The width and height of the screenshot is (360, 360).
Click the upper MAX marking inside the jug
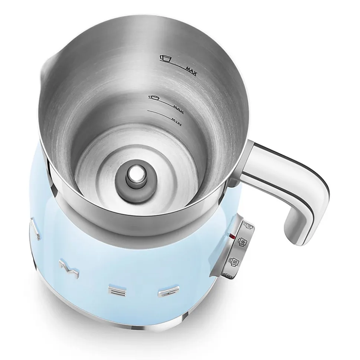192,69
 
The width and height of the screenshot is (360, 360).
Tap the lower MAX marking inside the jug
179,107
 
